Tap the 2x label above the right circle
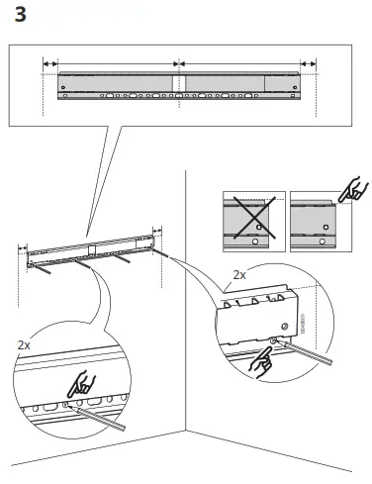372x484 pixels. pyautogui.click(x=239, y=274)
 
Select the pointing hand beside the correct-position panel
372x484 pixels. pyautogui.click(x=350, y=190)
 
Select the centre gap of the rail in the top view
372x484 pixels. pyautogui.click(x=178, y=86)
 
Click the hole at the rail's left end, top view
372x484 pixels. pyautogui.click(x=64, y=86)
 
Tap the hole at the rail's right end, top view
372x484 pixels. pyautogui.click(x=292, y=86)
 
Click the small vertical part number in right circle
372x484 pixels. pyautogui.click(x=303, y=322)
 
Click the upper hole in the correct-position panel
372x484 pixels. pyautogui.click(x=323, y=224)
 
